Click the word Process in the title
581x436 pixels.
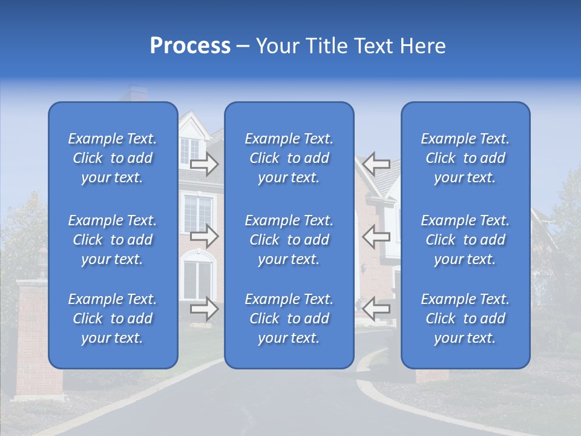[x=190, y=46]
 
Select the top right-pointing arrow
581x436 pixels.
[x=204, y=163]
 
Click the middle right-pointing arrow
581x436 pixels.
[x=204, y=237]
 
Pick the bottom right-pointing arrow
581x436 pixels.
[x=204, y=309]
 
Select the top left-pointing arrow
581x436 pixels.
[x=376, y=163]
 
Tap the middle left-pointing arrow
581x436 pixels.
[x=376, y=237]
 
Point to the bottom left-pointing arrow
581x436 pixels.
[x=376, y=309]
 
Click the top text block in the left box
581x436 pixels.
[x=113, y=158]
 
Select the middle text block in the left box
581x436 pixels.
[x=113, y=240]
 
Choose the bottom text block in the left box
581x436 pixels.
[x=113, y=319]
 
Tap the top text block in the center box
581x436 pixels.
[x=289, y=158]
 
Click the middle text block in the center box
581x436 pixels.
[x=289, y=240]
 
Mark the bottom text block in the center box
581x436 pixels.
[x=289, y=319]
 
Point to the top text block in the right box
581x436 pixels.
[x=465, y=158]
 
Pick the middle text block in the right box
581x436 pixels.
[x=465, y=240]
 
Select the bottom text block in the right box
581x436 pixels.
[x=465, y=319]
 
